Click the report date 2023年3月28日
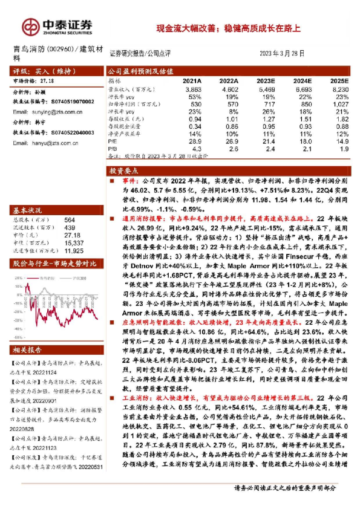coord(282,53)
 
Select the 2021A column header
coord(192,80)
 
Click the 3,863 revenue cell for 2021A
coord(192,88)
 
